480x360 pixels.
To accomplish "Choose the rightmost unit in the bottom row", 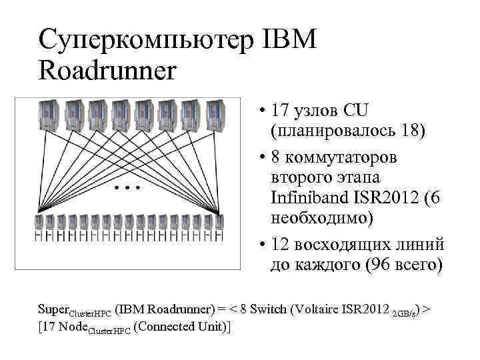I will (219, 226).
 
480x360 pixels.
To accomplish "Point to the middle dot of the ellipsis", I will (127, 189).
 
